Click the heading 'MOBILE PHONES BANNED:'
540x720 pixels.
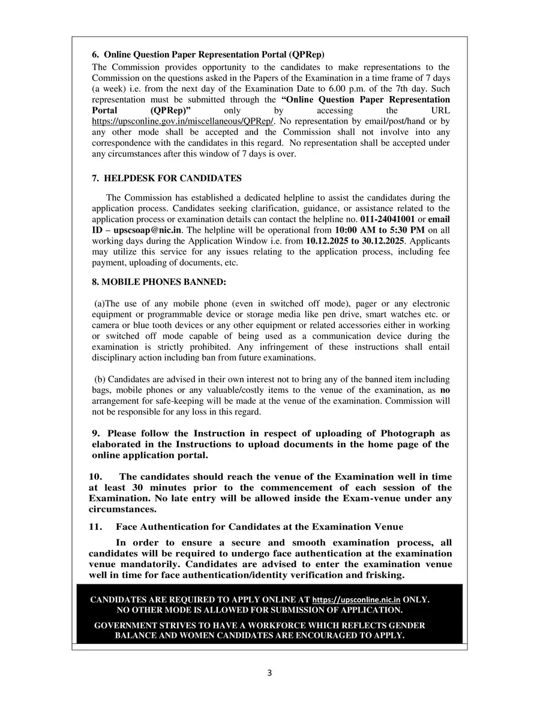pyautogui.click(x=159, y=281)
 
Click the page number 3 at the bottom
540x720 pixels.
pyautogui.click(x=269, y=673)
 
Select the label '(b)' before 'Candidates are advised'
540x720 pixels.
pyautogui.click(x=100, y=379)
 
